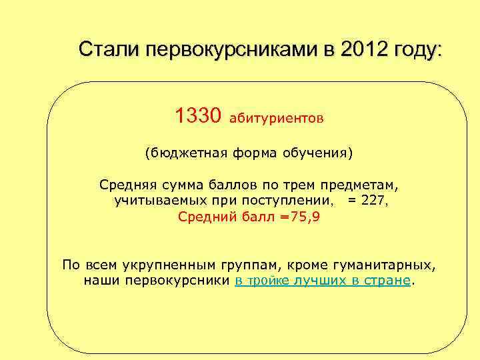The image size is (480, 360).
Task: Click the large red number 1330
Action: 197,117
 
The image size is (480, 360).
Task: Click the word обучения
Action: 318,153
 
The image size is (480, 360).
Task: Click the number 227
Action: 373,200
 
